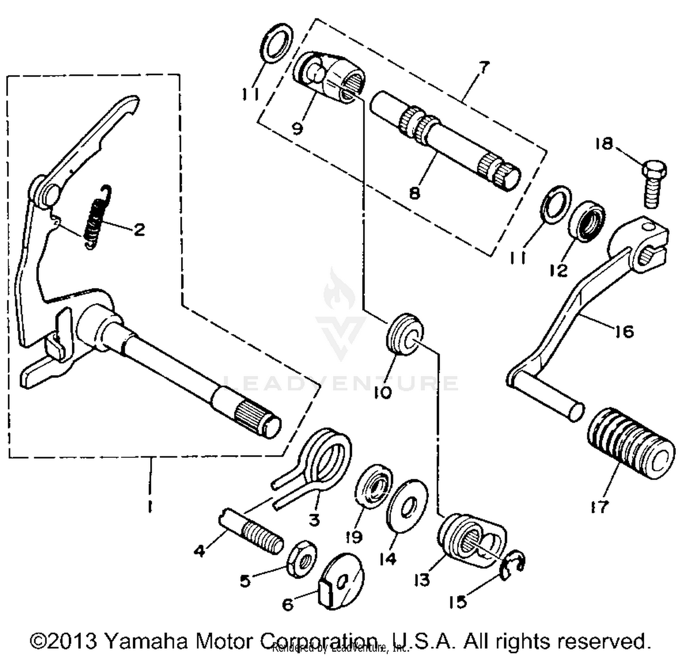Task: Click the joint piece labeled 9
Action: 330,76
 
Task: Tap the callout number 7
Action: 484,68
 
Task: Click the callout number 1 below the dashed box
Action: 150,506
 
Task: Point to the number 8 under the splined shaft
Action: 414,192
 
